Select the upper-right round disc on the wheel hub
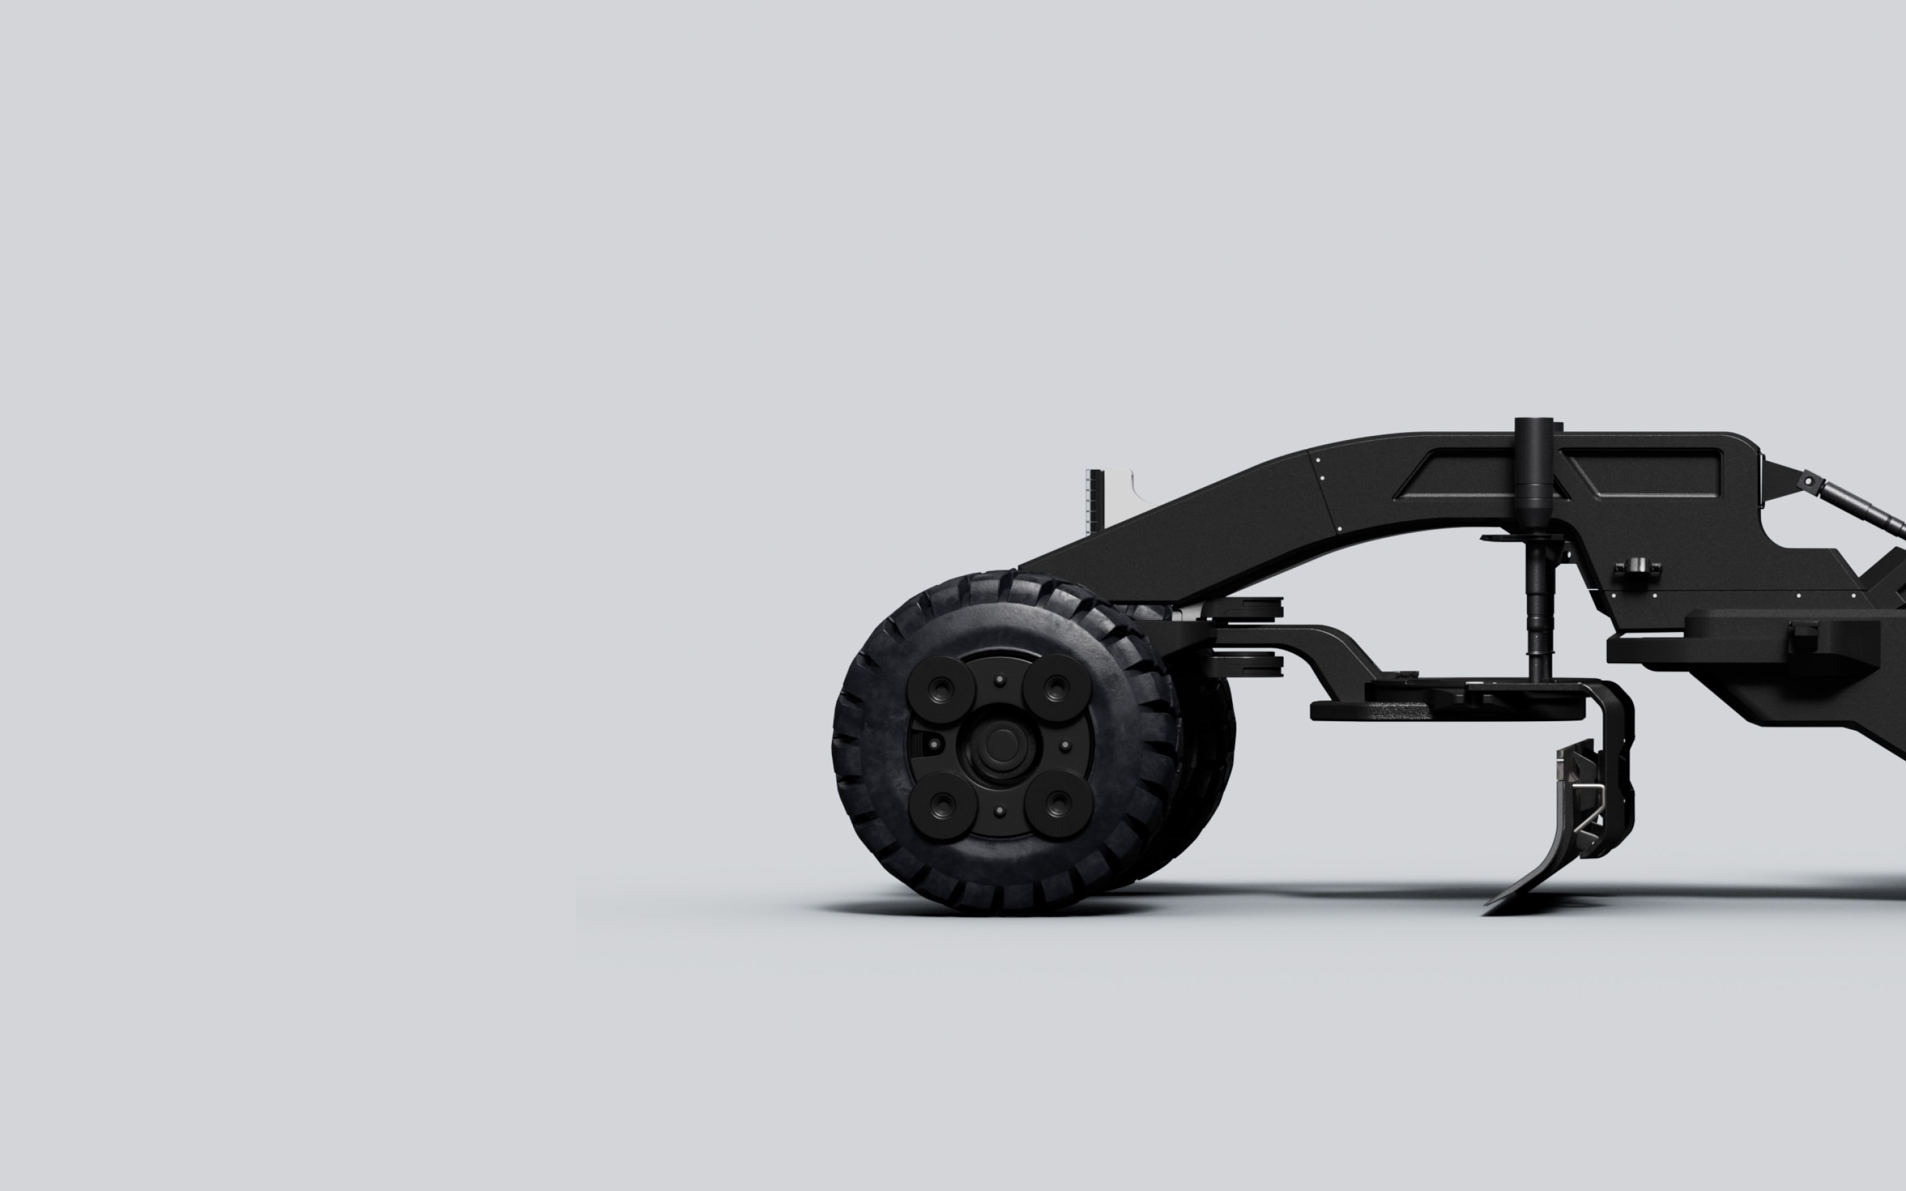(x=1056, y=687)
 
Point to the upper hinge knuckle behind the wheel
(x=1256, y=607)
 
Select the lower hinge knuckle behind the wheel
(x=1256, y=666)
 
